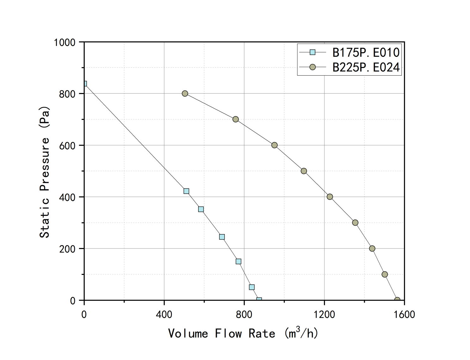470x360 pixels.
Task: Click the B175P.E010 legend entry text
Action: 366,53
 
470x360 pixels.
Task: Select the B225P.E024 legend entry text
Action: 366,67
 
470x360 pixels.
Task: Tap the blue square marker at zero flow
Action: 84,84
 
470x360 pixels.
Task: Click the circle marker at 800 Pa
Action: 185,94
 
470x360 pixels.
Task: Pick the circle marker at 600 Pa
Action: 274,145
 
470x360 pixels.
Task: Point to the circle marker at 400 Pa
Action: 330,197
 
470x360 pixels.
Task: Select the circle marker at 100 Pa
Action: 385,274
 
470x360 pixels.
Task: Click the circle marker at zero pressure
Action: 397,300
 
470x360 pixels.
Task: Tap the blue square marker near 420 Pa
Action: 186,191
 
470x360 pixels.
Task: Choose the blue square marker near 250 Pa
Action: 222,237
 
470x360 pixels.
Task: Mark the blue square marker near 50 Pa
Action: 252,287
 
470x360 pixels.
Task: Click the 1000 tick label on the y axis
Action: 64,42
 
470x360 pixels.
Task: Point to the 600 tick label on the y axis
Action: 67,146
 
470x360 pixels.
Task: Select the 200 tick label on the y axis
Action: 67,249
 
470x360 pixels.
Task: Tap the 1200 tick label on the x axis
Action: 324,314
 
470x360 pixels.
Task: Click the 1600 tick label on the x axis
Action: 404,314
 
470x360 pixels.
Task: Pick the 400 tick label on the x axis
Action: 164,314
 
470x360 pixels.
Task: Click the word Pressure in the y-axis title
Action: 45,164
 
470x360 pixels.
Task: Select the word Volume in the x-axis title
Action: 188,334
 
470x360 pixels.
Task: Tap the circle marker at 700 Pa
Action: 235,119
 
